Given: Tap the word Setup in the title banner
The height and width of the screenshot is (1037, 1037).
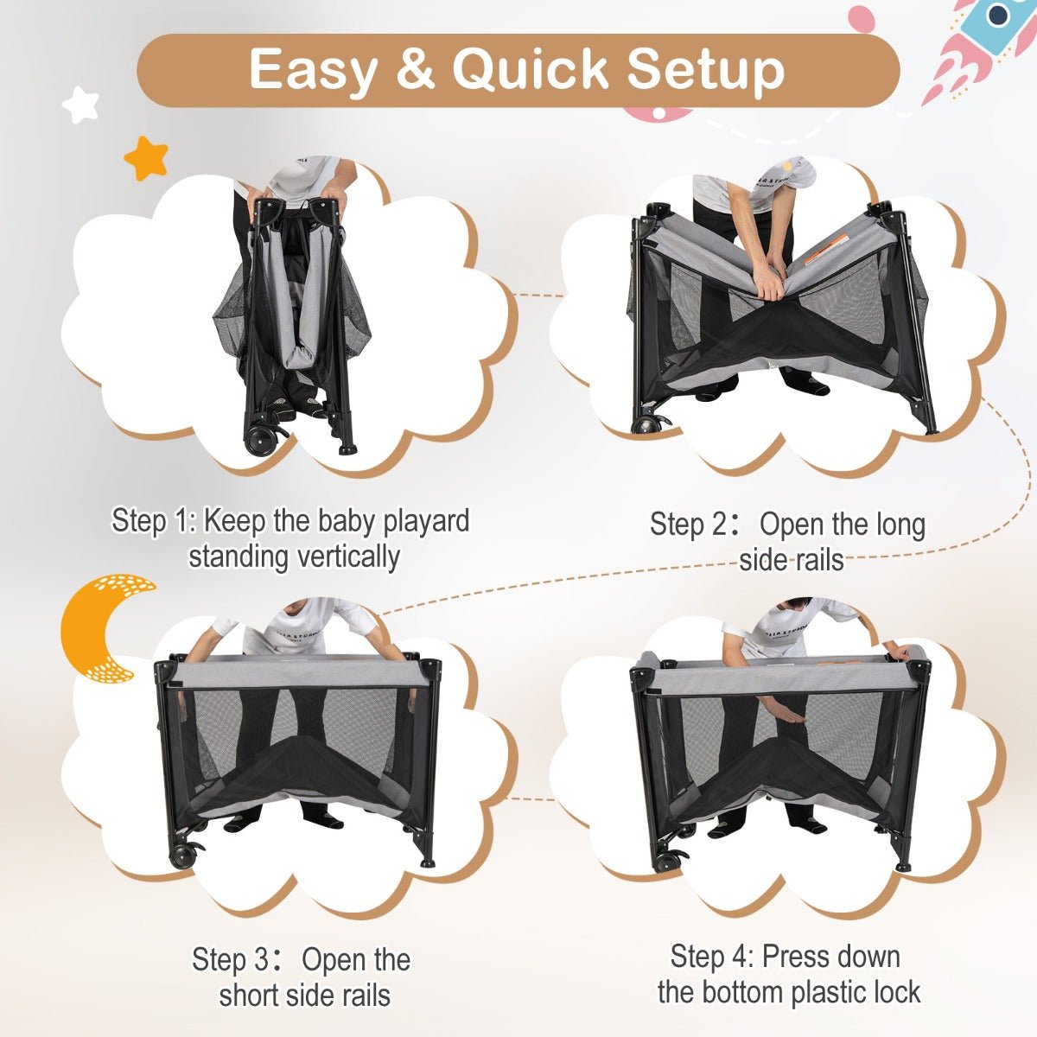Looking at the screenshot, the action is (705, 70).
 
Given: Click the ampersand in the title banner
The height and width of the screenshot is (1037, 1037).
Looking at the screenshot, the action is (416, 69).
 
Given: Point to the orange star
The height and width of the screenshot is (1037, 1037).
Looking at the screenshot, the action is (146, 157).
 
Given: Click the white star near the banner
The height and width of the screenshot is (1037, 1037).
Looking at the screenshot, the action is (80, 105).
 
